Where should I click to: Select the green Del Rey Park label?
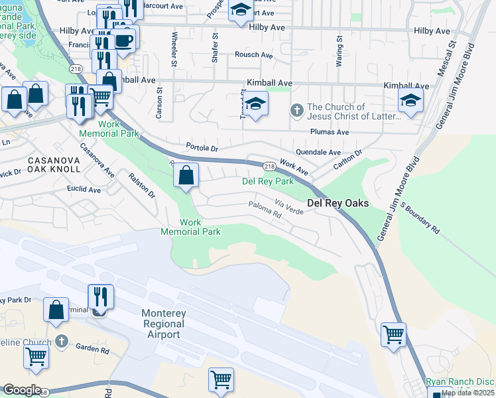268,181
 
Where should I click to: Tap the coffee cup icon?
124,40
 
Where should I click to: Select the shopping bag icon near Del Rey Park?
186,176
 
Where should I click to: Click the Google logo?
22,390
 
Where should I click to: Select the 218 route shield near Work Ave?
269,166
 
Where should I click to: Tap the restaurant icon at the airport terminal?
100,297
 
